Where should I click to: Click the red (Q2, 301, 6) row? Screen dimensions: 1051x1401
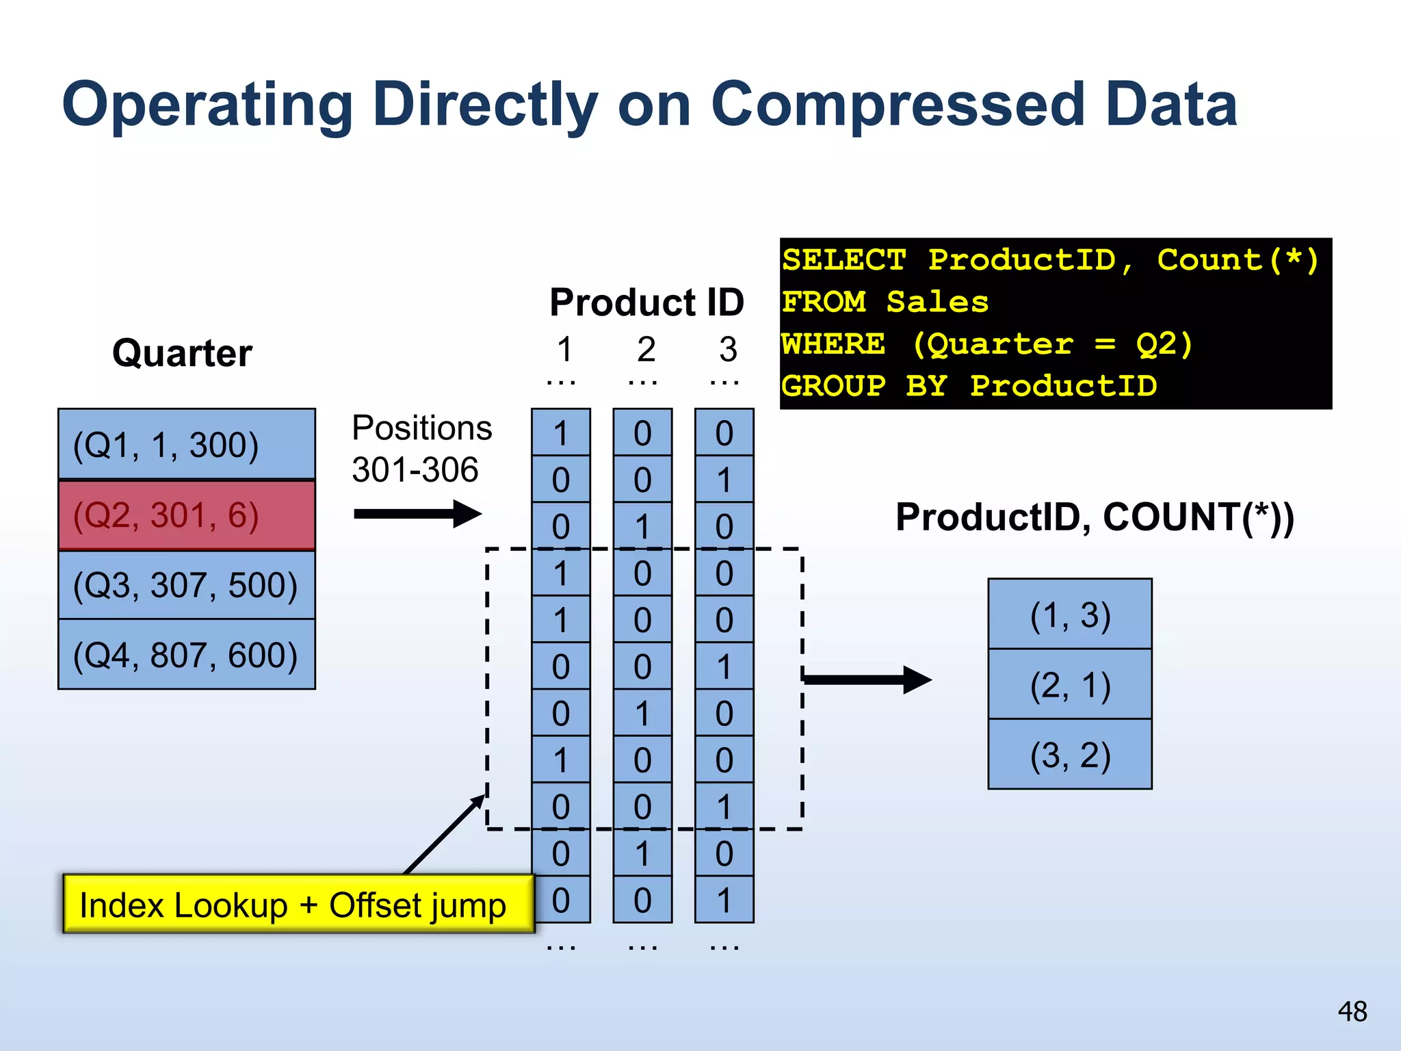pyautogui.click(x=186, y=515)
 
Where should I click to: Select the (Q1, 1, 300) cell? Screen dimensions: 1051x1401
pyautogui.click(x=186, y=444)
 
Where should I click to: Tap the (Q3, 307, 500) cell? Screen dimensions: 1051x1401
pyautogui.click(x=186, y=585)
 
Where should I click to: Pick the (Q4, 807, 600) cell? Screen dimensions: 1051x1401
pyautogui.click(x=186, y=655)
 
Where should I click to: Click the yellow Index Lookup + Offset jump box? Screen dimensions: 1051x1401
pyautogui.click(x=298, y=905)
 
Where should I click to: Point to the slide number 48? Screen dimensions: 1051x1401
pyautogui.click(x=1352, y=1011)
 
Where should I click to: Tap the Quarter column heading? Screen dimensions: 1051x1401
pyautogui.click(x=182, y=353)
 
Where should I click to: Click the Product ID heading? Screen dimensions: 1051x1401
pyautogui.click(x=646, y=302)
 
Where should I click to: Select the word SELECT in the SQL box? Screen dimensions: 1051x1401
pyautogui.click(x=843, y=261)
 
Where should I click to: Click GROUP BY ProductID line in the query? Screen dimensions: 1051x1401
pyautogui.click(x=969, y=386)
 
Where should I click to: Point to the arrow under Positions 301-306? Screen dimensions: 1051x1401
pyautogui.click(x=417, y=514)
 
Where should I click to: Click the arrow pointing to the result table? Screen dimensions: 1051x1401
pyautogui.click(x=867, y=679)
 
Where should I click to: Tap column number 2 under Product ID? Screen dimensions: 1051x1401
pyautogui.click(x=646, y=350)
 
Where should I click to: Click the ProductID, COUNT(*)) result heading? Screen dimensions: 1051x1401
pyautogui.click(x=1095, y=517)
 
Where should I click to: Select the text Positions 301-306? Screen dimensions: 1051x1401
pyautogui.click(x=421, y=449)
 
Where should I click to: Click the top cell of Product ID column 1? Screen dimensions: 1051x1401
pyautogui.click(x=561, y=433)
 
